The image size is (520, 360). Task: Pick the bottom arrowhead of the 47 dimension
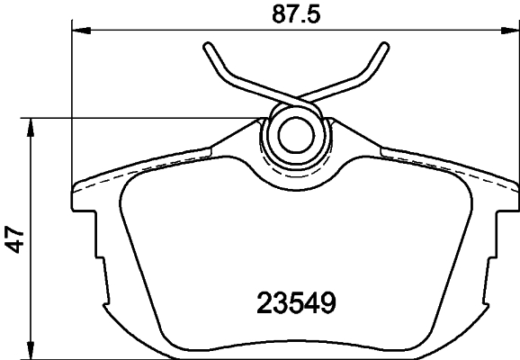[32, 354]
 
